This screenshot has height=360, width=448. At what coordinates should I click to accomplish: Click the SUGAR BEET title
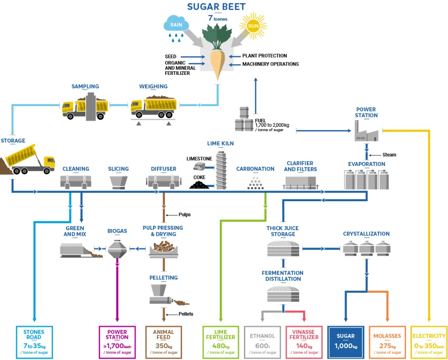coord(216,7)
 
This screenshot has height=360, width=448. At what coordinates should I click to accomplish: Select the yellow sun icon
coord(253,26)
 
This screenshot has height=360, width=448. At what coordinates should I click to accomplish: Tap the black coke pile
coord(199,184)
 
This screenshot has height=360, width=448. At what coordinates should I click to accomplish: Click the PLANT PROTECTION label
coord(265,56)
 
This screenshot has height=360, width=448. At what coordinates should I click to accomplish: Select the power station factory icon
coord(367,131)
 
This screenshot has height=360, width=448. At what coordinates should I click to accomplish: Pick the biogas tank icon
coord(117,249)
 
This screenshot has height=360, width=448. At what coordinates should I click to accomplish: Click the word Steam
coord(389,155)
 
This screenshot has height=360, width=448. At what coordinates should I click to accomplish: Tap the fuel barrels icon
coord(244,120)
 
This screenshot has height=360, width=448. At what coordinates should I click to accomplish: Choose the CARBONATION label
coord(255,169)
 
